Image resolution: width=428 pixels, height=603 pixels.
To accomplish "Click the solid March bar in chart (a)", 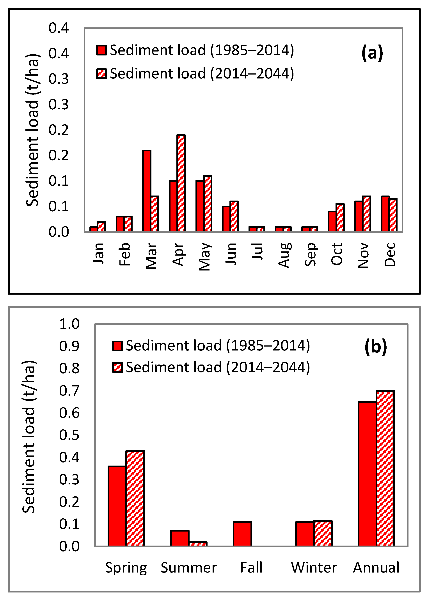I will tap(147, 191).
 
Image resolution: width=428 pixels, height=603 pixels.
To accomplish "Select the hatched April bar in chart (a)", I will tap(181, 183).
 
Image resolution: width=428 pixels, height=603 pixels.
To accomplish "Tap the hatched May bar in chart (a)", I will tap(208, 203).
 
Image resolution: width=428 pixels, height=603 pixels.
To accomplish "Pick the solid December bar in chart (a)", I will tap(385, 214).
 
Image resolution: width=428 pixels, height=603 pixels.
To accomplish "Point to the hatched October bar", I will tap(340, 218).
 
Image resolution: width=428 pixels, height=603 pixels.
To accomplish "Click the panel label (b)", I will tap(376, 347).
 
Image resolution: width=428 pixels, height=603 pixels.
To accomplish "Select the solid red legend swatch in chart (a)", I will tap(101, 50).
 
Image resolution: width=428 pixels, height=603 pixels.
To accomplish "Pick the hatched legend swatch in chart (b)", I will tap(117, 367).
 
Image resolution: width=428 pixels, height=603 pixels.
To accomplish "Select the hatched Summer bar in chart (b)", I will tap(198, 544).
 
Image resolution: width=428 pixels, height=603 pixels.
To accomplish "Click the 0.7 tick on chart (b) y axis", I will tap(69, 391).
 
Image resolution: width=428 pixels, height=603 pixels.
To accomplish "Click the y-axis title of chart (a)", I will tap(32, 130).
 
